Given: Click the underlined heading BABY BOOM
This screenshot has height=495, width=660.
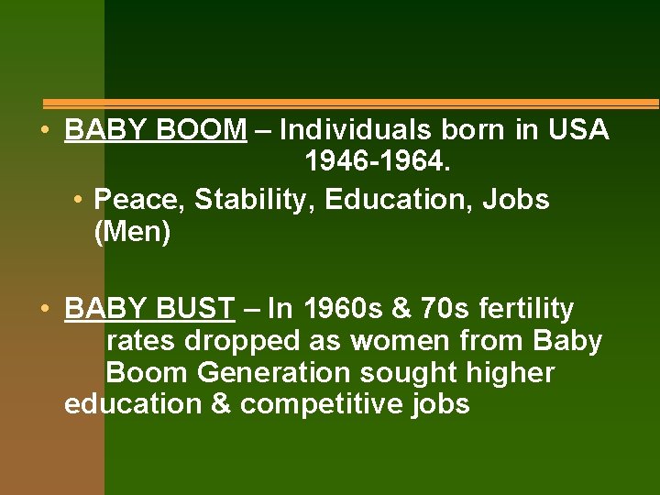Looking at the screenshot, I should pos(156,130).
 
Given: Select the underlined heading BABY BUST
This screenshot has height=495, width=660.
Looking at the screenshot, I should pos(149,309).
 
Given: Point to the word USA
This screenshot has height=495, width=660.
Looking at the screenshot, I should pos(577,130).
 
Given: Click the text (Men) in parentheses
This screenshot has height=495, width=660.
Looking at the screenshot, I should pos(132,233).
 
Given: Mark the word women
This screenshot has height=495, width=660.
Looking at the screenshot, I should pos(400,342).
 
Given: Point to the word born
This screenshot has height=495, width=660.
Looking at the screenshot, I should pos(474,130).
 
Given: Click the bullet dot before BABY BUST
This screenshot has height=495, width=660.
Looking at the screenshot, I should pos(44,308).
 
